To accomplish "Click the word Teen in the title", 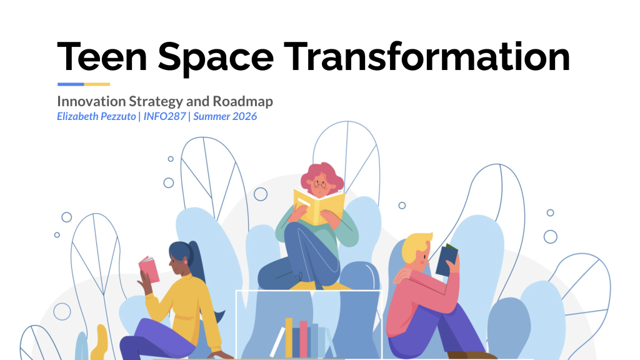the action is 102,57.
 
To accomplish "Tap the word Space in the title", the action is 216,58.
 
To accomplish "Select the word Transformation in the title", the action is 426,56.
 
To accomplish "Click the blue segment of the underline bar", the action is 71,84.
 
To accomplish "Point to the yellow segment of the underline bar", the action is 97,84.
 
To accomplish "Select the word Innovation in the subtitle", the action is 91,101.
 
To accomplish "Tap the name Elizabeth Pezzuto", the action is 96,116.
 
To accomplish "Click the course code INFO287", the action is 164,116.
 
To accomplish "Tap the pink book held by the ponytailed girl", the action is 149,269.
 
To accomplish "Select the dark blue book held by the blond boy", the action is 446,260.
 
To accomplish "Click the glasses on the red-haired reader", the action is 319,184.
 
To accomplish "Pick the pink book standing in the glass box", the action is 303,339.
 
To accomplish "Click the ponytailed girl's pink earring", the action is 186,261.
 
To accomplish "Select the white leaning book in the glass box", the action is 277,342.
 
